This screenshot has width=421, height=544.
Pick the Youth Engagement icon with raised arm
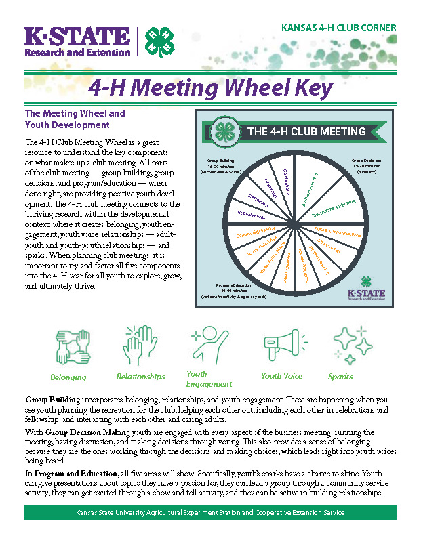pyautogui.click(x=205, y=346)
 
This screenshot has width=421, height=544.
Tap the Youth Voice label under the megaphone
pyautogui.click(x=281, y=376)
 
